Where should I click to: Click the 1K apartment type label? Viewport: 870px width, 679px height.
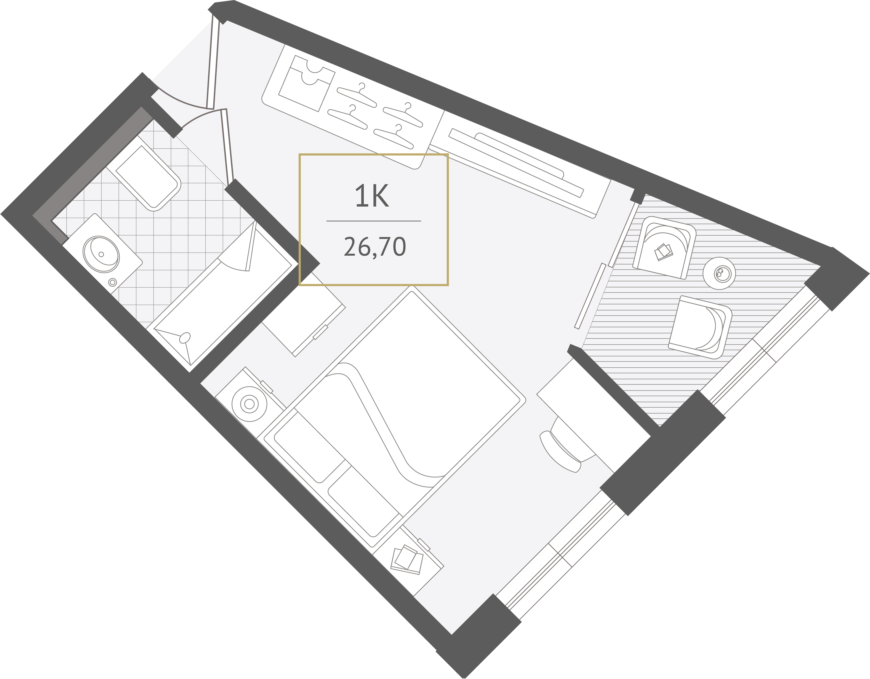coord(372,196)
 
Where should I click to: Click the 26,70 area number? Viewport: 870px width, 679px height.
coord(375,247)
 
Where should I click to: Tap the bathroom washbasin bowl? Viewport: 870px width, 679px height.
coord(102,254)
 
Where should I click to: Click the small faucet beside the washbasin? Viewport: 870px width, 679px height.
coord(113,282)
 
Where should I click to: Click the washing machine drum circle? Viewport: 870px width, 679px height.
coord(249,404)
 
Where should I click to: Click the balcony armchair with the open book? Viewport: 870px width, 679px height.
coord(664,248)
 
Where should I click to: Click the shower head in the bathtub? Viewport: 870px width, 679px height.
coord(185,338)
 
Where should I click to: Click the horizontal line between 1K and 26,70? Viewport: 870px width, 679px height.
coord(374,221)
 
